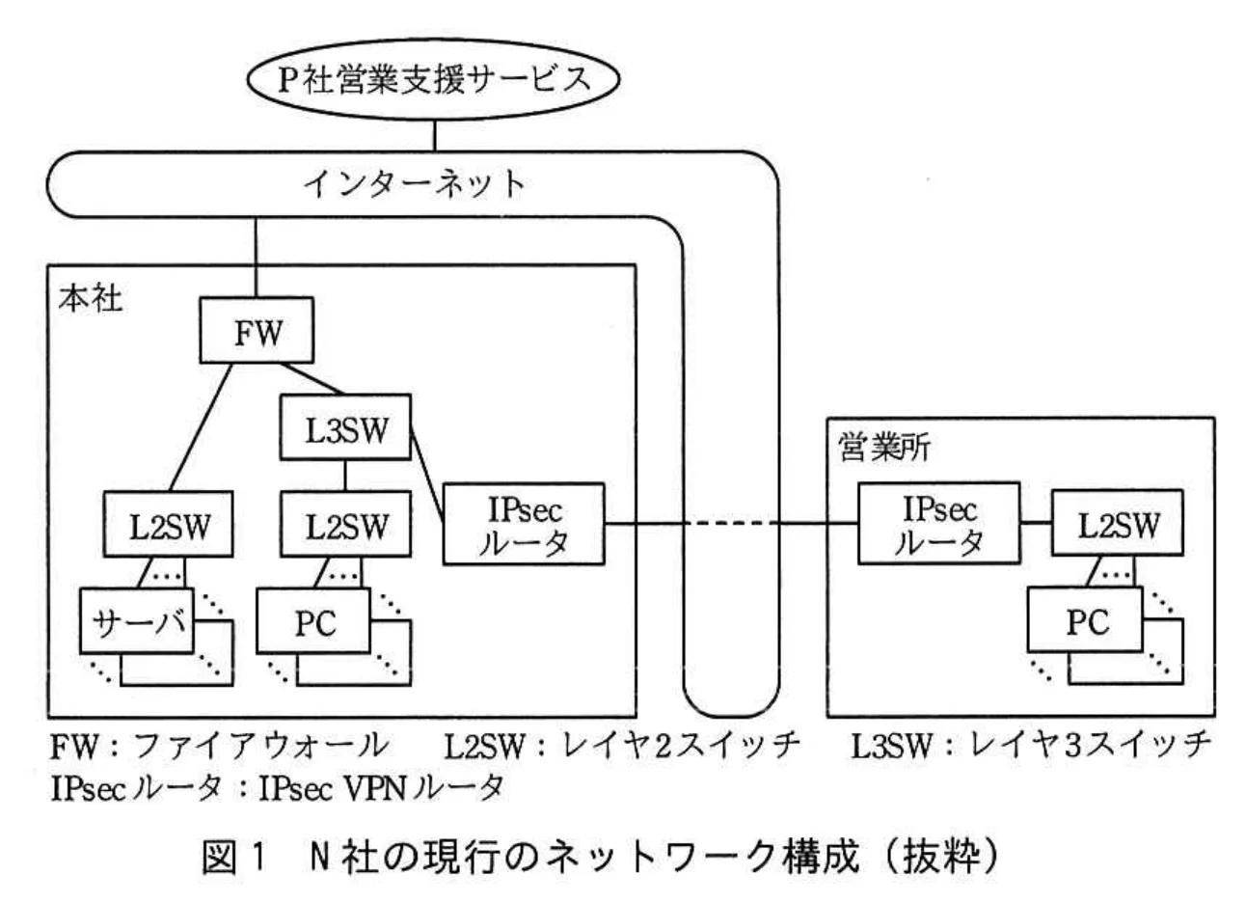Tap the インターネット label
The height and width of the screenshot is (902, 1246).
[414, 182]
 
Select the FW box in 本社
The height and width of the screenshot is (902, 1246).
[257, 333]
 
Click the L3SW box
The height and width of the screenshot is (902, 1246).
[344, 428]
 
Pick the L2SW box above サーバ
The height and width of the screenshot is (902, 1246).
[171, 526]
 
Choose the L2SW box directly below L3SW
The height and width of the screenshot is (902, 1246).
[345, 526]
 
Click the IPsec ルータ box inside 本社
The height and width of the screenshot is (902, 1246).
[523, 525]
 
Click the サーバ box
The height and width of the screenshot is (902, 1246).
[136, 623]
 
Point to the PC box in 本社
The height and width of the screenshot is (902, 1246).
[313, 623]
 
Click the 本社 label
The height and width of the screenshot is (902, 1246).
[90, 297]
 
